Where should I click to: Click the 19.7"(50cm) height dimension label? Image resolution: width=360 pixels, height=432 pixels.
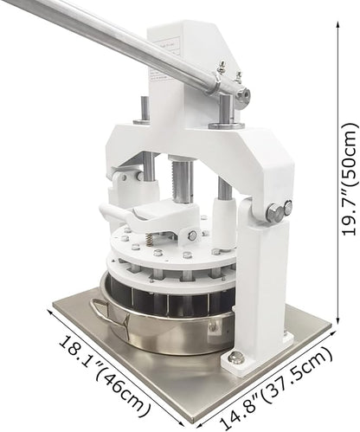349,179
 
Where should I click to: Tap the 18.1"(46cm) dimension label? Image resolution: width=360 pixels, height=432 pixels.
106,376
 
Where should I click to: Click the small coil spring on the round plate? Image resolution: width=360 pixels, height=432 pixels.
150,239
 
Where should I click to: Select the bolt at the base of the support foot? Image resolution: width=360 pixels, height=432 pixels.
235,358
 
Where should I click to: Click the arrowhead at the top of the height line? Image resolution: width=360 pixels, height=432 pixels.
338,25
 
